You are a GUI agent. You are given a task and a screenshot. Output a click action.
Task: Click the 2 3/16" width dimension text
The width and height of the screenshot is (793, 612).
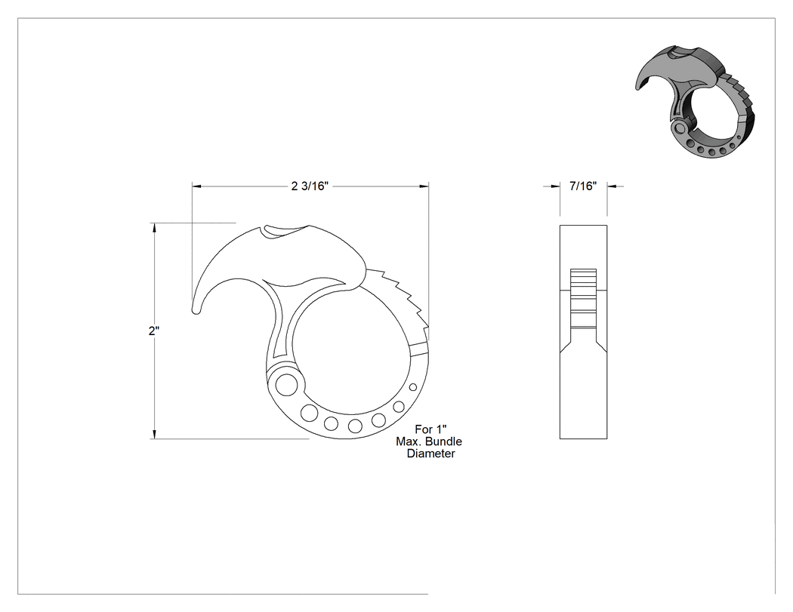(x=310, y=186)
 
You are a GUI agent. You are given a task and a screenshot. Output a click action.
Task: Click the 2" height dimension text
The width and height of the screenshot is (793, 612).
(x=154, y=331)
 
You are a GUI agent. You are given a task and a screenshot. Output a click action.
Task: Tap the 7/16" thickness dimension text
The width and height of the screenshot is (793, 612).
(x=583, y=186)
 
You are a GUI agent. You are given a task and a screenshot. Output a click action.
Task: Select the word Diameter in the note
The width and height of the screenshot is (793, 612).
(x=431, y=454)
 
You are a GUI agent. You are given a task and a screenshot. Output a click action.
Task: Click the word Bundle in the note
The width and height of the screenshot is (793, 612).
(x=443, y=441)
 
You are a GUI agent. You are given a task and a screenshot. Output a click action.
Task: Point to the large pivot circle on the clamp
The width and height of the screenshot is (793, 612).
(x=287, y=383)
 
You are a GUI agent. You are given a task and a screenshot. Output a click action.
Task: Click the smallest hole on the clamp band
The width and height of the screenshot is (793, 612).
(x=413, y=387)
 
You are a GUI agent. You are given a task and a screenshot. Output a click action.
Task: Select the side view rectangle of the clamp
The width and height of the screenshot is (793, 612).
(x=583, y=331)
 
